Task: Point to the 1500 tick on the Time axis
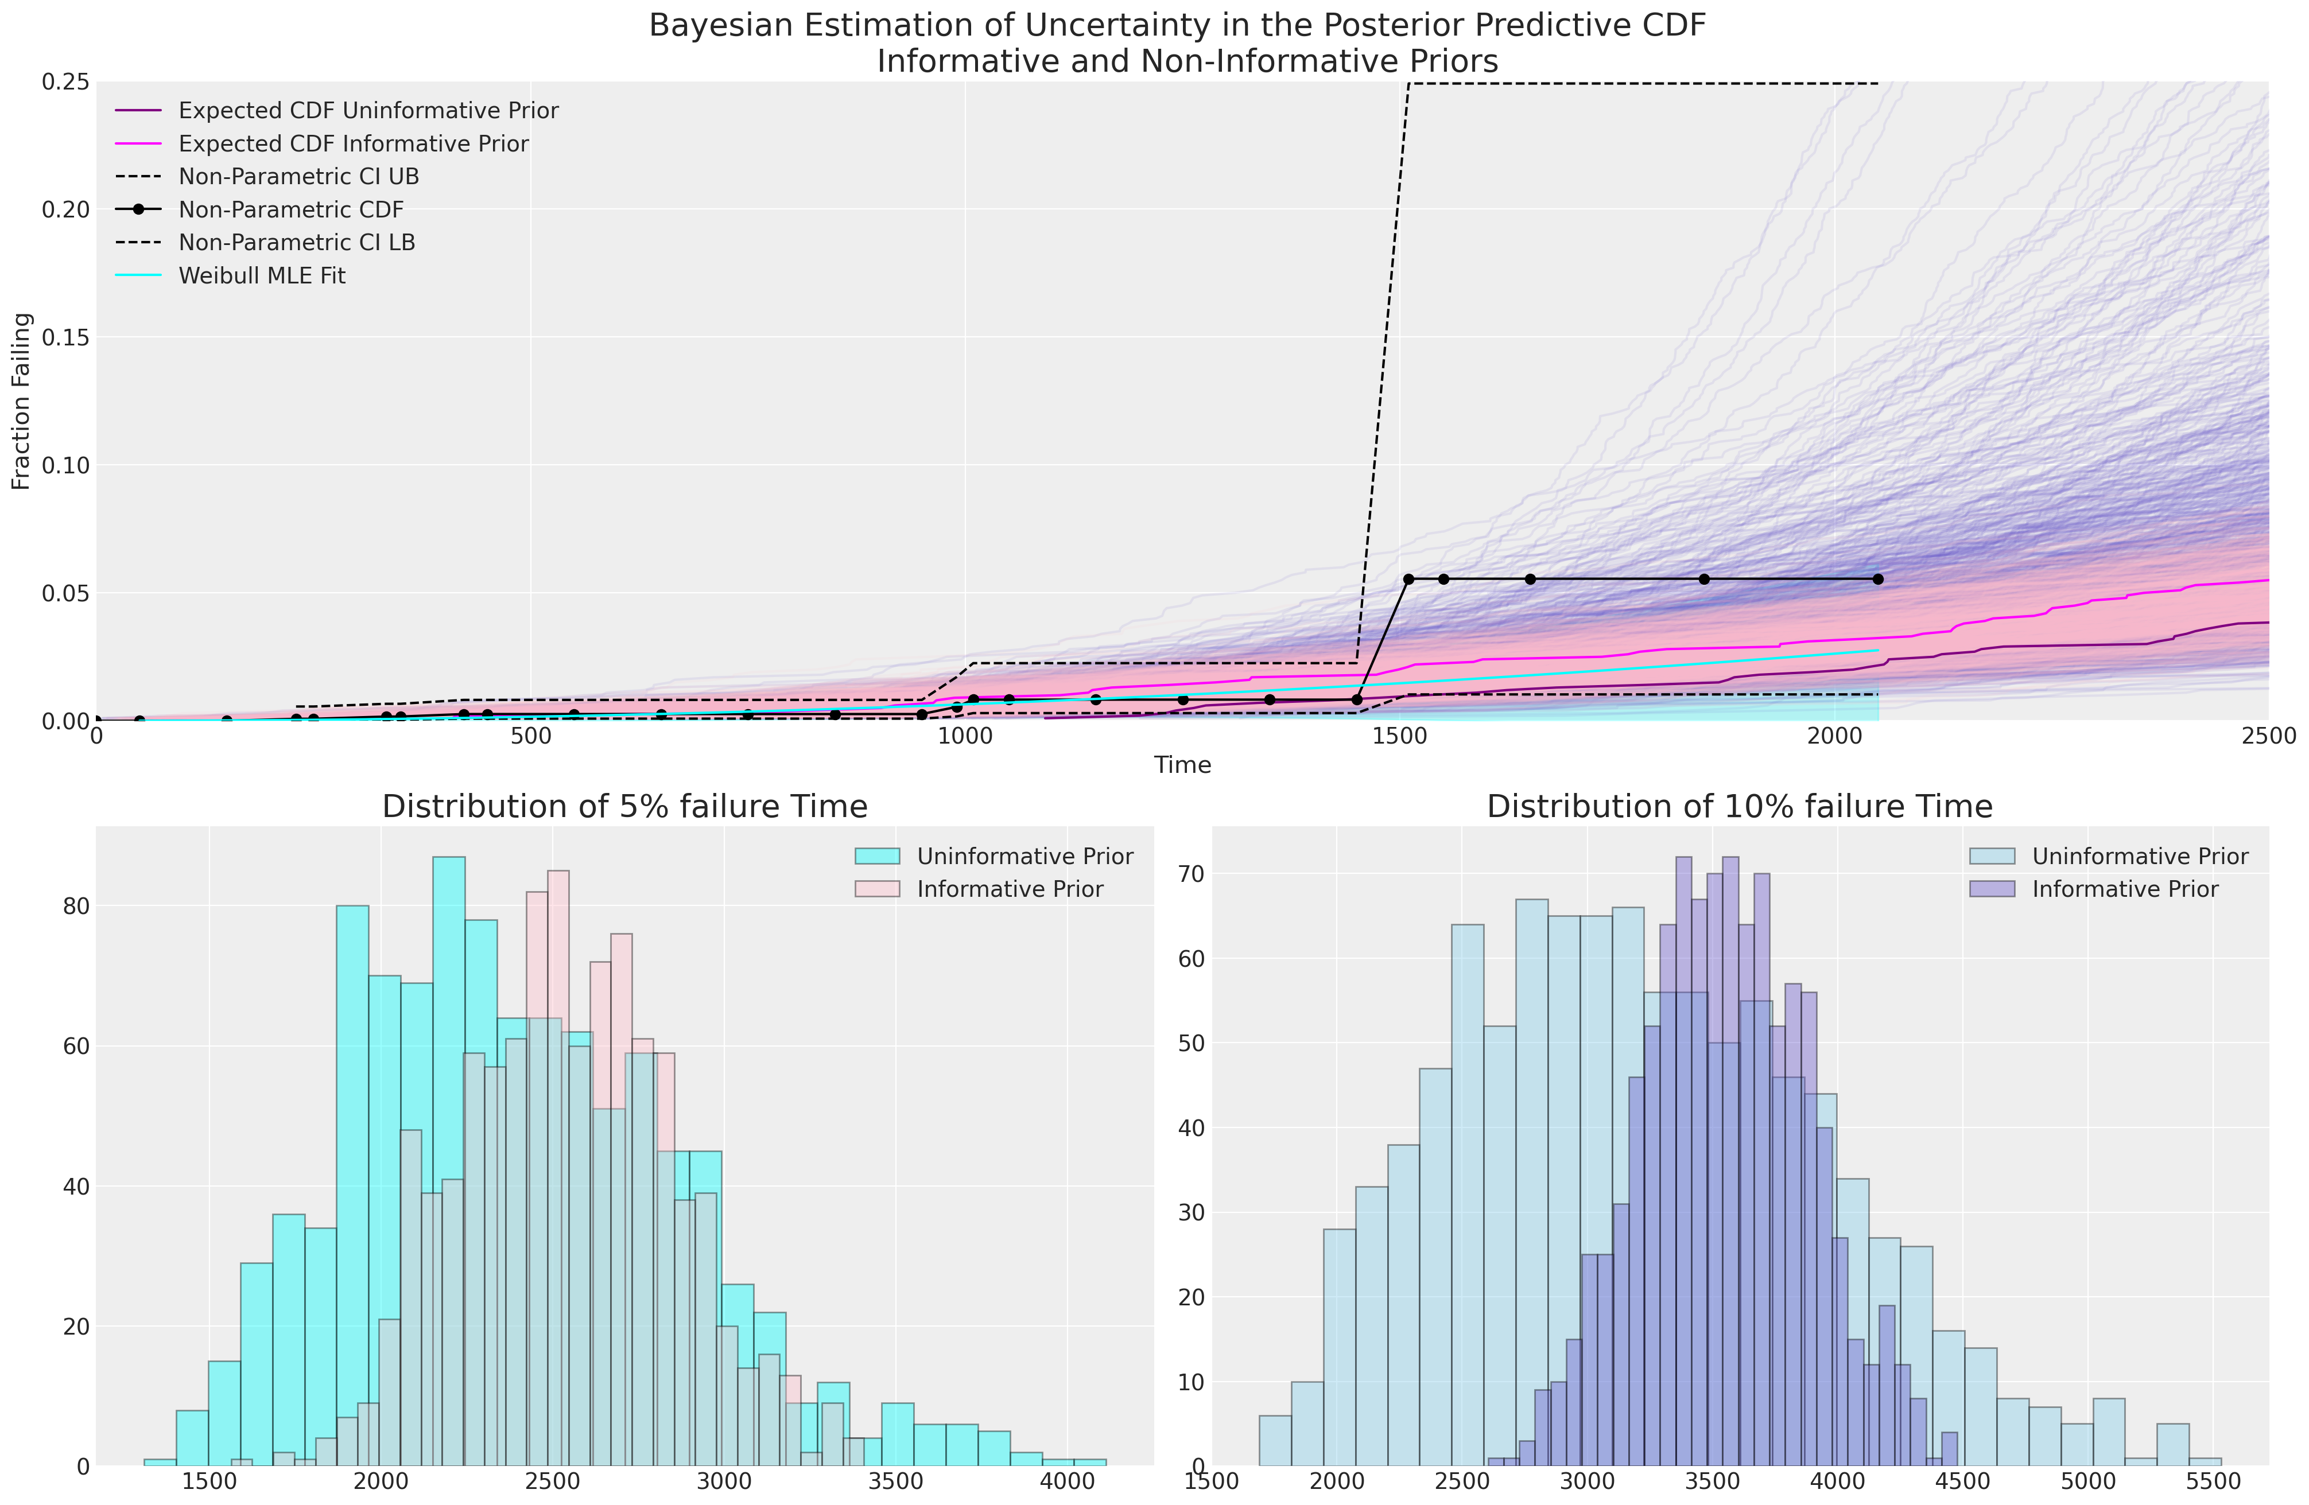coord(1400,737)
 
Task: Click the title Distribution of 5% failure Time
coord(625,807)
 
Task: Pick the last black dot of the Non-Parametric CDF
coord(1878,579)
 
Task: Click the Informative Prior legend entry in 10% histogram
coord(2125,889)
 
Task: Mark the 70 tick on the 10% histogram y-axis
coord(1192,874)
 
